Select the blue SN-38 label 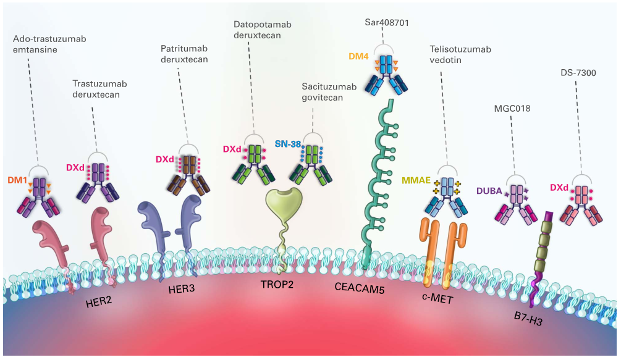(287, 144)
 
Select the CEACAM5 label (360, 287)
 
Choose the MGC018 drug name (512, 109)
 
